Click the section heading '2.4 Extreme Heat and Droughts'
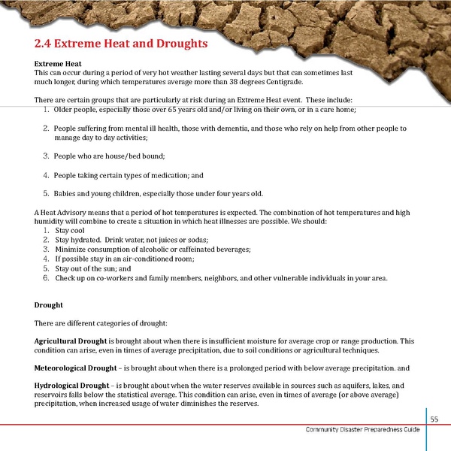pos(121,44)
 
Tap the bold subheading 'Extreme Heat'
pos(59,64)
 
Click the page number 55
pos(434,419)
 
